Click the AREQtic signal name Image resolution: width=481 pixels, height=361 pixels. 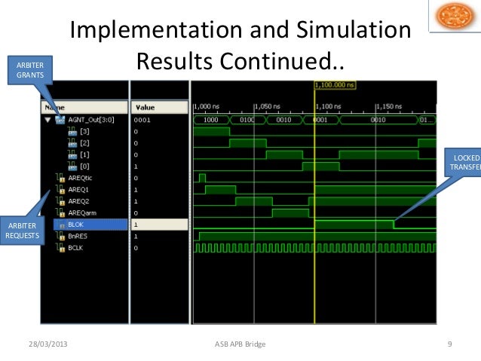tap(81, 178)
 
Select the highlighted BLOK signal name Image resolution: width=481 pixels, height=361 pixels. tap(76, 224)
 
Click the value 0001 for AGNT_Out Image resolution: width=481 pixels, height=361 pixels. tap(142, 119)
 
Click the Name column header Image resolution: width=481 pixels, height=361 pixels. tap(56, 107)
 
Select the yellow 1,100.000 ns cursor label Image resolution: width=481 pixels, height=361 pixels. tap(333, 85)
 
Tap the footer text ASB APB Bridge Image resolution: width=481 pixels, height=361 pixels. tap(240, 344)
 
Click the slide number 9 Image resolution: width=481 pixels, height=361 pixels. tap(449, 344)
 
